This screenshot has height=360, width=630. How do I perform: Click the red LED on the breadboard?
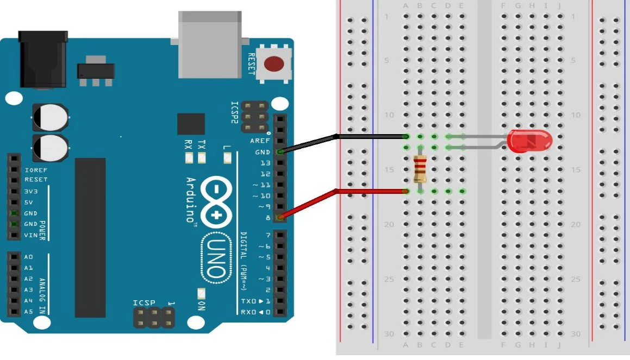[x=529, y=141]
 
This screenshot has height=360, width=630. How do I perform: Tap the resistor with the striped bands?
[x=420, y=169]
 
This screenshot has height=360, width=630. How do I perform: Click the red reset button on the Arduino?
[x=274, y=64]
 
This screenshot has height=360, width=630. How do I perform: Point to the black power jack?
[x=43, y=59]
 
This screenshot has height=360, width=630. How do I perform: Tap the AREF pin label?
[x=260, y=141]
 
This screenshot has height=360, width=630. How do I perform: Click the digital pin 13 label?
[x=265, y=163]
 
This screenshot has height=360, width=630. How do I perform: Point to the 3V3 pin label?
[x=30, y=192]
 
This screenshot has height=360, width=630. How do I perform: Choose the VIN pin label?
[x=30, y=235]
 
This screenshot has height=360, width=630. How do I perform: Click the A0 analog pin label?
[x=28, y=257]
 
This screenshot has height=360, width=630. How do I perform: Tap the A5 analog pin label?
[x=28, y=312]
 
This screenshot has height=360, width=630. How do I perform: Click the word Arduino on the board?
[x=191, y=200]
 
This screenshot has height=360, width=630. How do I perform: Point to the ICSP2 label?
[x=235, y=112]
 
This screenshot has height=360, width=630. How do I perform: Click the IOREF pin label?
[x=36, y=170]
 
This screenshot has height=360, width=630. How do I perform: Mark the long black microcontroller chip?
[x=90, y=238]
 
